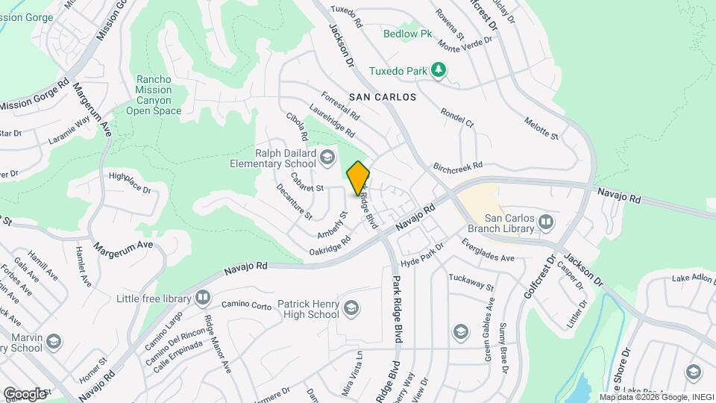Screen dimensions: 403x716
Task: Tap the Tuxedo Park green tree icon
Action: (x=439, y=71)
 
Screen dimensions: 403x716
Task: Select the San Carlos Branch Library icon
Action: (x=546, y=222)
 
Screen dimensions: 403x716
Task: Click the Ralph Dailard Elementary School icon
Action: (x=327, y=157)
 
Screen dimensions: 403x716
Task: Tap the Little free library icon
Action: (x=203, y=299)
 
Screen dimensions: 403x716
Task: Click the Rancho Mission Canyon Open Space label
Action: (x=154, y=95)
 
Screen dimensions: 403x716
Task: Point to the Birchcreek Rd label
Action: (x=458, y=166)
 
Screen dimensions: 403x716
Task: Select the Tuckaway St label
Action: (x=471, y=282)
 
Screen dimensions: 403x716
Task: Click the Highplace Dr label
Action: (x=130, y=183)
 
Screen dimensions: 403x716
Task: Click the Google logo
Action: (x=25, y=394)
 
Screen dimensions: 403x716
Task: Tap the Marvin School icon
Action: (x=53, y=342)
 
